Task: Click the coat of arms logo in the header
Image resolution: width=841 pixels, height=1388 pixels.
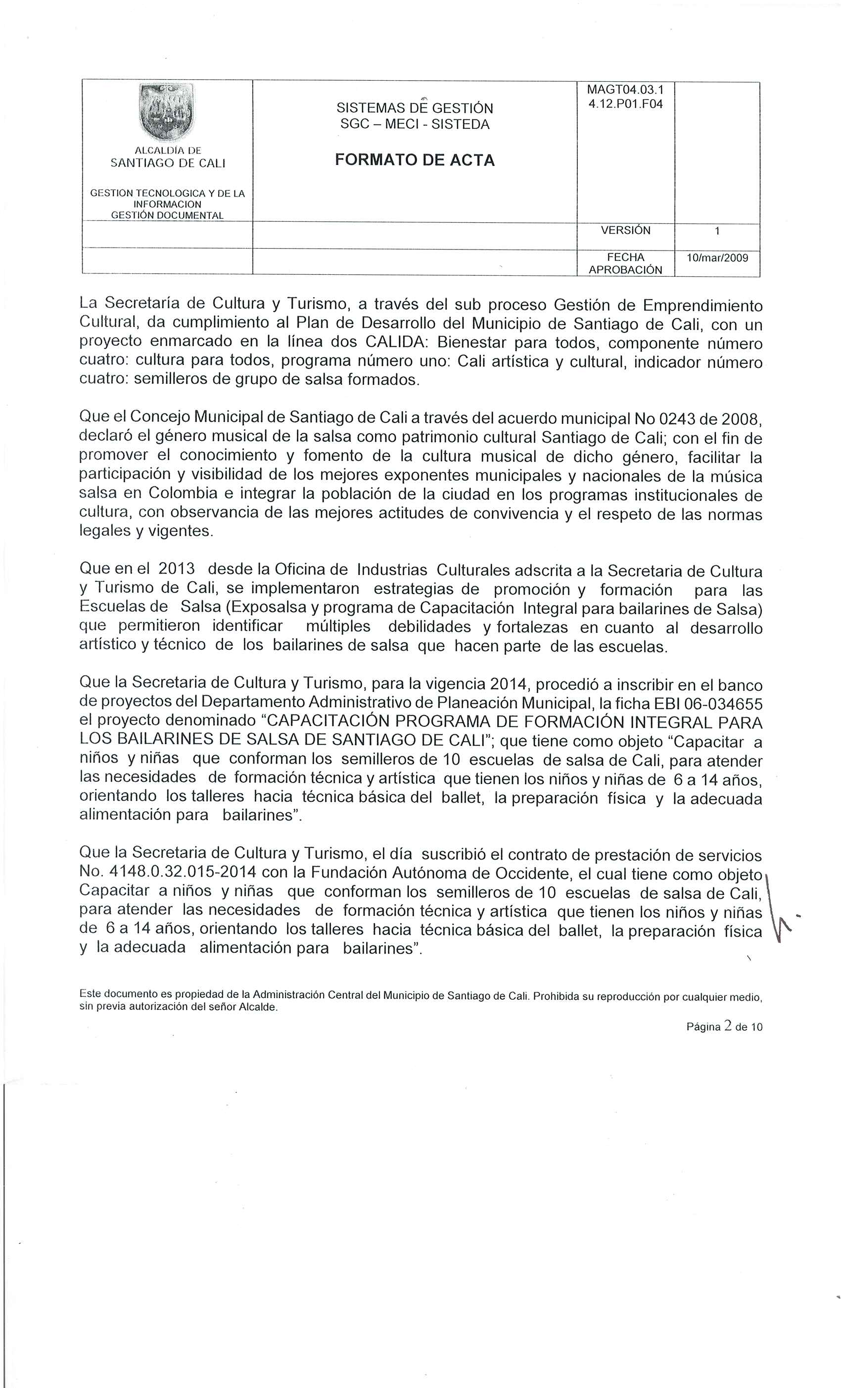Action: coord(166,111)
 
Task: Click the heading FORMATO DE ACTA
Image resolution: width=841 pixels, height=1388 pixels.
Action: coord(415,160)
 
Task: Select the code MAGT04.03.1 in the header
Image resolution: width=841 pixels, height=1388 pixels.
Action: coord(625,90)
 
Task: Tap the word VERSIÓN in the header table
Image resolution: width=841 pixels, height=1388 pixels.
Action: coord(625,230)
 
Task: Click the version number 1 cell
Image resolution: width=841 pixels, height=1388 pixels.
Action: coord(717,231)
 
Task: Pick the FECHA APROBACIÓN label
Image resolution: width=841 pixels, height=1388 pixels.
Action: coord(625,263)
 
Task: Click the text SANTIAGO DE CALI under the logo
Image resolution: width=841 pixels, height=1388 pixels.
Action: coord(168,163)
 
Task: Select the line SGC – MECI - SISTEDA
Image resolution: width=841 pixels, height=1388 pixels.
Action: coord(415,124)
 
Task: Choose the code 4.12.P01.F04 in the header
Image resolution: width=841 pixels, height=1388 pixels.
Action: coord(625,103)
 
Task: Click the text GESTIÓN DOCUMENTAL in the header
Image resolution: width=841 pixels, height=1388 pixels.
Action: coord(167,215)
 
